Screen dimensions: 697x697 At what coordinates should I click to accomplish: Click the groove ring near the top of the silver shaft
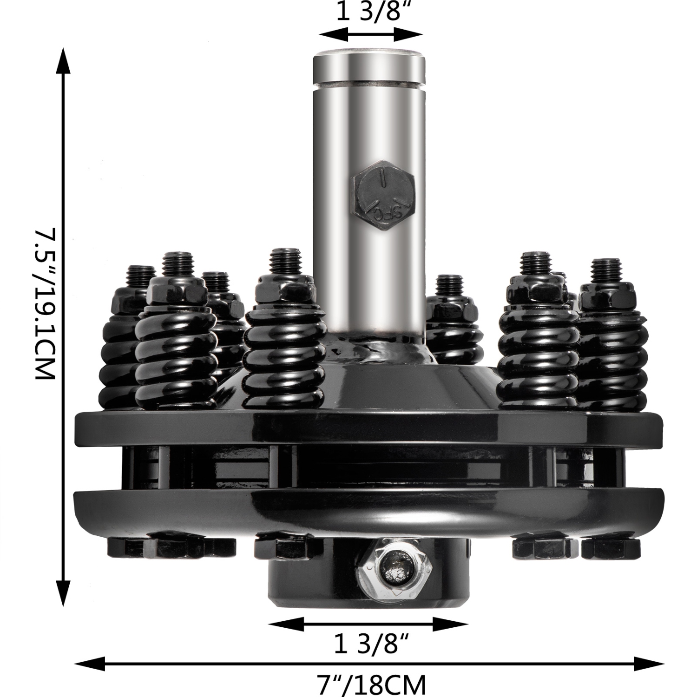[369, 84]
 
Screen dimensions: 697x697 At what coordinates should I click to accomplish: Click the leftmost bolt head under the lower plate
[125, 547]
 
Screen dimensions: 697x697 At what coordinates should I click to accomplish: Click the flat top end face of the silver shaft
[369, 52]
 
